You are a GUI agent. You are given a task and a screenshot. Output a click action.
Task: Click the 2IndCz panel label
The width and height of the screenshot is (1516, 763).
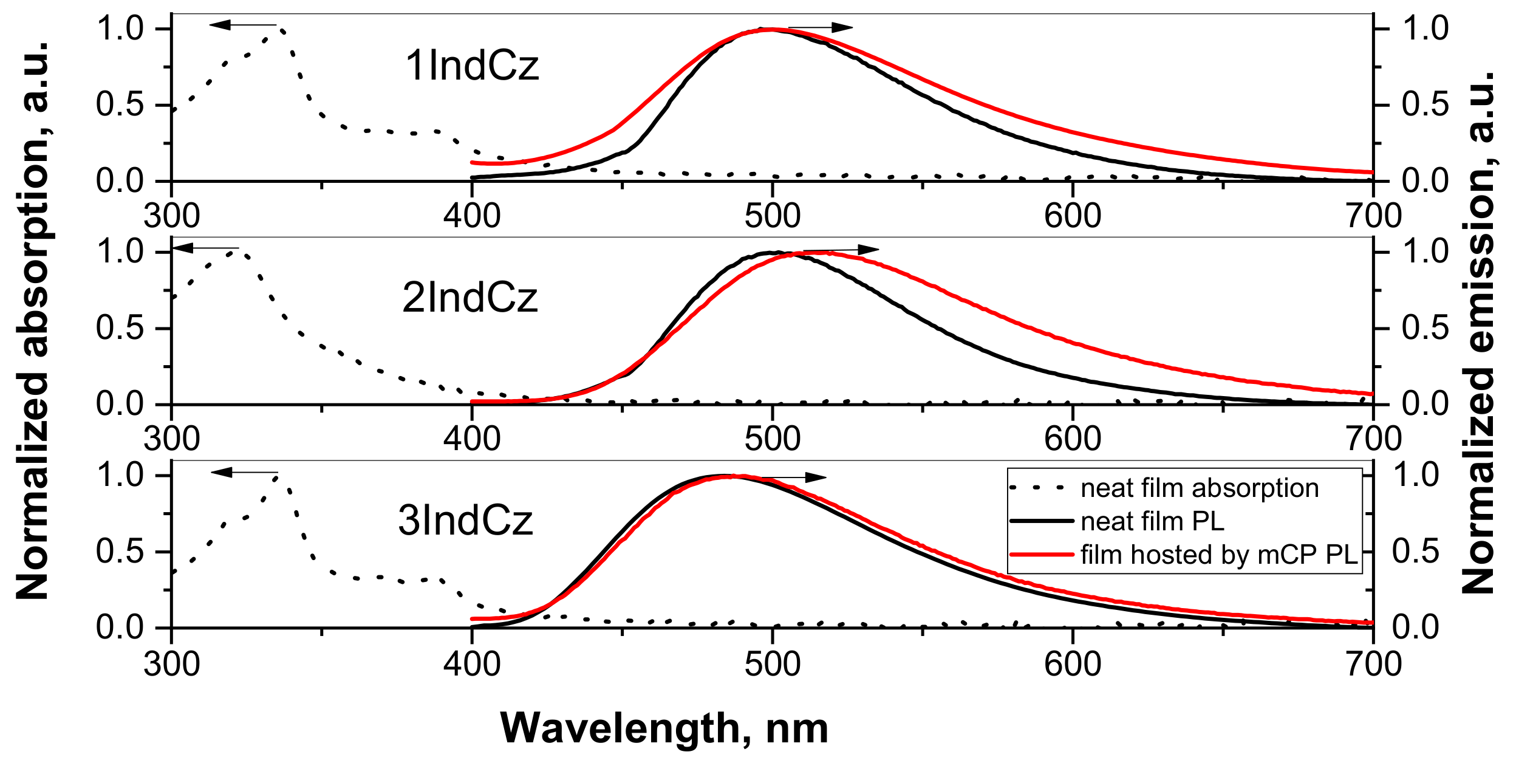click(x=469, y=298)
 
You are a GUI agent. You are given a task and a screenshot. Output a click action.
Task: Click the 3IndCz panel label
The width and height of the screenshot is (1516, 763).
click(x=465, y=521)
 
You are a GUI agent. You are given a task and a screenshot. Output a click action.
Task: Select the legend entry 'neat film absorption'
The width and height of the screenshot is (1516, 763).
click(x=1200, y=488)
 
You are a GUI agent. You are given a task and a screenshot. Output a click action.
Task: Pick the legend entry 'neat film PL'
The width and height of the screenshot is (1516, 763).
click(x=1152, y=521)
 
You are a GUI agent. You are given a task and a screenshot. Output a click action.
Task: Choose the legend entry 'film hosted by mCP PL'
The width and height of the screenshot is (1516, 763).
click(x=1219, y=555)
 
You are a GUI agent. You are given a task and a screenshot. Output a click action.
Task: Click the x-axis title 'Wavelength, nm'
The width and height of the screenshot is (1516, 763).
click(x=664, y=728)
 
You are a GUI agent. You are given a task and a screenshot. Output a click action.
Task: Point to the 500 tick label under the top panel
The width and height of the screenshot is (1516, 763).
click(x=772, y=216)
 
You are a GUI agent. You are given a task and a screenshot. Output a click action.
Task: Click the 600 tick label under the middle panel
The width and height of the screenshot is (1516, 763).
click(x=1073, y=439)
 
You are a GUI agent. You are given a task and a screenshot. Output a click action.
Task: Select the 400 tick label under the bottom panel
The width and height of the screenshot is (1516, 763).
click(x=472, y=663)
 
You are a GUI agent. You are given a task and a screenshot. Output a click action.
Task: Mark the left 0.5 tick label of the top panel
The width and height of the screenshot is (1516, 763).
click(x=120, y=105)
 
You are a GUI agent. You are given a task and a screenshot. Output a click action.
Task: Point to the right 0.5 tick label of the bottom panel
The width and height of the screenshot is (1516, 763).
click(x=1415, y=552)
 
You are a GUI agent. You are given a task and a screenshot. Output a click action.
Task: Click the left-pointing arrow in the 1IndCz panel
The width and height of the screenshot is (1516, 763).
click(x=242, y=25)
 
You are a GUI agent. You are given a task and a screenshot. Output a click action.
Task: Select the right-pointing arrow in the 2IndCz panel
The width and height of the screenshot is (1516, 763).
click(x=841, y=250)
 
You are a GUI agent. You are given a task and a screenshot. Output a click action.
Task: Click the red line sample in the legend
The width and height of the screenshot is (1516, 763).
click(x=1041, y=555)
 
